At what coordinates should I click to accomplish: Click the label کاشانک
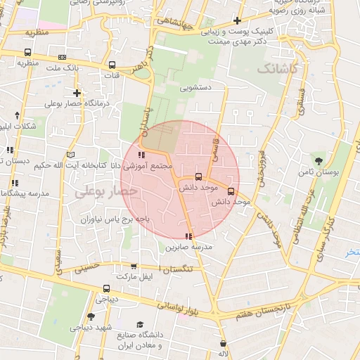(x=278, y=69)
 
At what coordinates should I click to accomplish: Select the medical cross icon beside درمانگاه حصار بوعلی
(x=77, y=93)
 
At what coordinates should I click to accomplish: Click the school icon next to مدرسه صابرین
(x=188, y=236)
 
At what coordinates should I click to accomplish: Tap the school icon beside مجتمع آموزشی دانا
(x=141, y=155)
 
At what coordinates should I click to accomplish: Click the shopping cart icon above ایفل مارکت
(x=134, y=266)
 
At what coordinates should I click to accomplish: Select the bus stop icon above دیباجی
(x=106, y=288)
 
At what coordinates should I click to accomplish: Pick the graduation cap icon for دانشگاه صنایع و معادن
(x=141, y=324)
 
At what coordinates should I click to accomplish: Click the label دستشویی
(x=196, y=89)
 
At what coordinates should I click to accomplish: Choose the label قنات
(x=112, y=74)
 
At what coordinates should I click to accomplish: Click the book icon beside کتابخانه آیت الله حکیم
(x=70, y=155)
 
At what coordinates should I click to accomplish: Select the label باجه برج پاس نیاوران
(x=106, y=219)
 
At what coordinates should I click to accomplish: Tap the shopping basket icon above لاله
(x=224, y=343)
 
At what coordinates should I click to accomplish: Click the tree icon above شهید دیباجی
(x=91, y=316)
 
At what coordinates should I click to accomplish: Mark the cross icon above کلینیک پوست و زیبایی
(x=238, y=21)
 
